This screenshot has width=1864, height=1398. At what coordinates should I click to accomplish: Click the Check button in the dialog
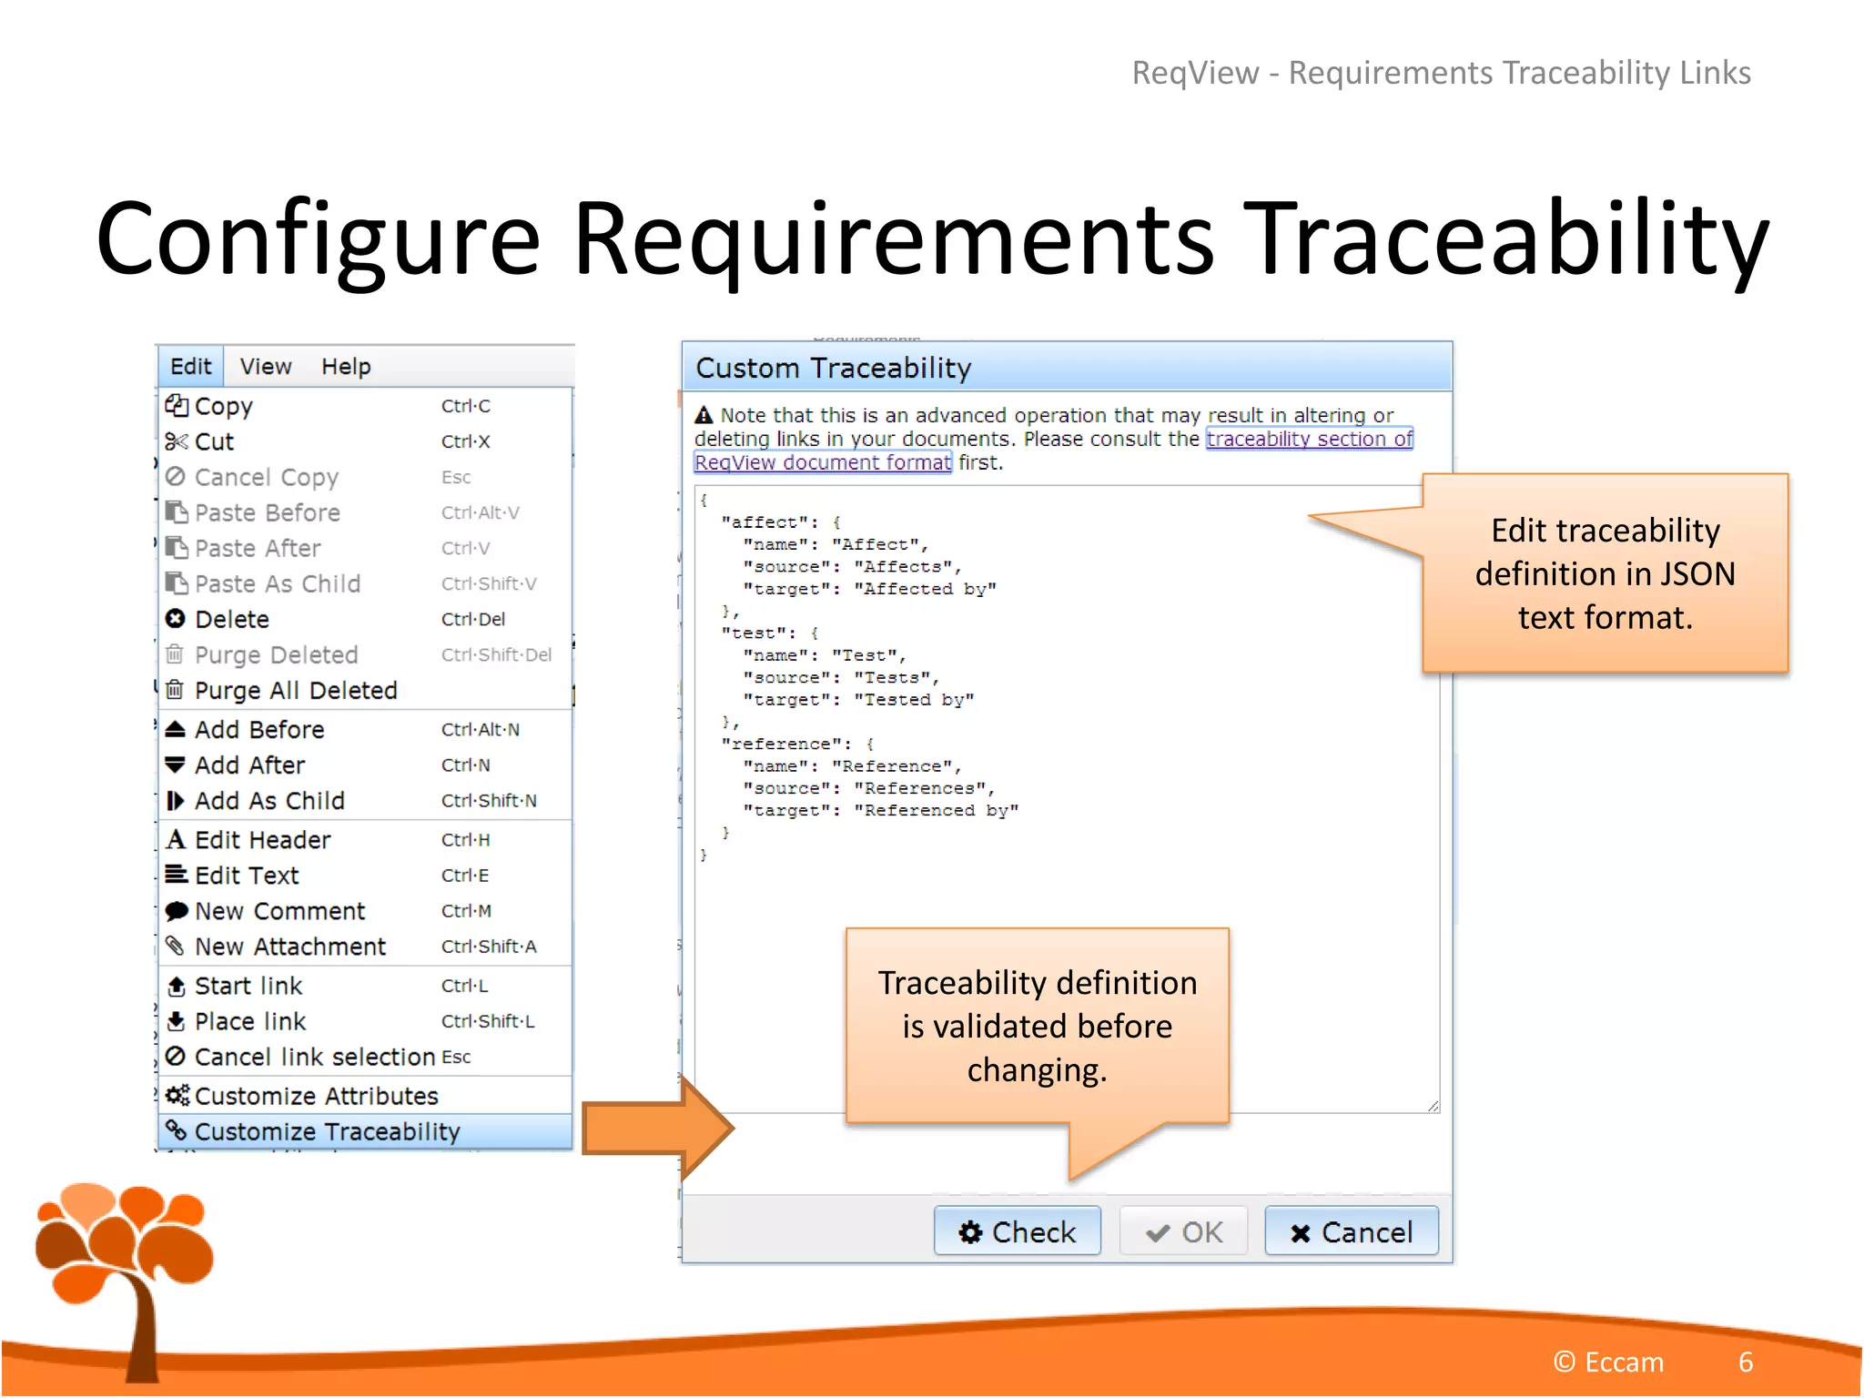click(1017, 1231)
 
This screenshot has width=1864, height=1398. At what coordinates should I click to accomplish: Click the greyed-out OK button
click(1183, 1231)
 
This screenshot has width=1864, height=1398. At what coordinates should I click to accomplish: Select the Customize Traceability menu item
click(328, 1131)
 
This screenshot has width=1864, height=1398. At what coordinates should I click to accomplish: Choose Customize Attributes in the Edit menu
click(316, 1096)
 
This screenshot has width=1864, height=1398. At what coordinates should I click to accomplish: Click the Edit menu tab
click(190, 367)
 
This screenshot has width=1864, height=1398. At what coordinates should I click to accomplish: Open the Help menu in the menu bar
click(346, 367)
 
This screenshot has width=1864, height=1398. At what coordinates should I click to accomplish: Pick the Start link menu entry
click(248, 986)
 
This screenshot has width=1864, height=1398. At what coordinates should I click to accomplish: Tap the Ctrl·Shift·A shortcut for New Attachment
click(489, 947)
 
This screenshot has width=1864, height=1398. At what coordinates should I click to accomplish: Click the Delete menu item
click(232, 619)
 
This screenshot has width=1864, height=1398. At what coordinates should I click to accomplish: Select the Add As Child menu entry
click(269, 801)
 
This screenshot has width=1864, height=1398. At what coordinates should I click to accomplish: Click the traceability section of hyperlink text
click(1309, 439)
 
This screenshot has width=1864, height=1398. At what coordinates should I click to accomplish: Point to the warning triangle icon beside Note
click(704, 416)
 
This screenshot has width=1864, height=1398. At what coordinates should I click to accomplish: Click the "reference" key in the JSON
click(785, 745)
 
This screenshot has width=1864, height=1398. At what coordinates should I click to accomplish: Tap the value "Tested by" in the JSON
click(914, 700)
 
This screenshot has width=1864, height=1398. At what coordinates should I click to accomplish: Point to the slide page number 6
click(1745, 1362)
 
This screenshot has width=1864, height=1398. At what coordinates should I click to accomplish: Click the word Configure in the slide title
click(319, 238)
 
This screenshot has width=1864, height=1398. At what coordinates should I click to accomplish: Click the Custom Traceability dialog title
click(833, 368)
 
